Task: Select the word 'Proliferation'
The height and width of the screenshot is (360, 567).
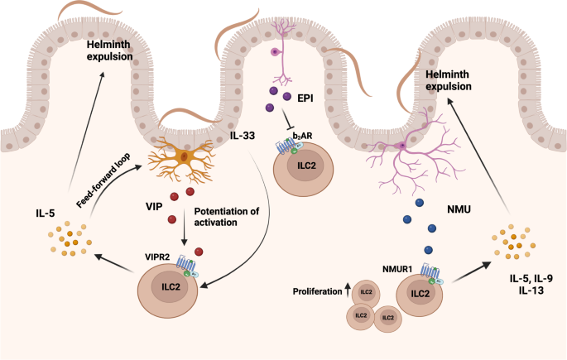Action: coord(316,293)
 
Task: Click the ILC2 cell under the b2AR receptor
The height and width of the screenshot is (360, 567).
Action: coord(304,166)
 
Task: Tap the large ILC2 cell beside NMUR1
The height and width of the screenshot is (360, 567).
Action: coord(420,295)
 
